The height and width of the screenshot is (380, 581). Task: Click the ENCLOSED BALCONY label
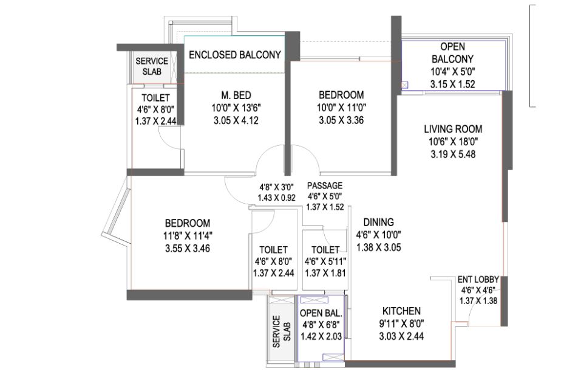pos(235,55)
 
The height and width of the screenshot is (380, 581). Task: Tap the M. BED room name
pos(236,95)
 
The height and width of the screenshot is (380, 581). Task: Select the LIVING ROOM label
pos(453,129)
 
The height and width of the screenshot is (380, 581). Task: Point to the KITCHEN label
pos(401,311)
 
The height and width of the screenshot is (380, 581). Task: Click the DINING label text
pos(378,223)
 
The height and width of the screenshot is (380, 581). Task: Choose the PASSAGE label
pos(325,185)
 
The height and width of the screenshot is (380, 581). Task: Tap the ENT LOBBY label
pos(478,280)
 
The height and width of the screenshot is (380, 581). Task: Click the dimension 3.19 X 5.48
pos(453,154)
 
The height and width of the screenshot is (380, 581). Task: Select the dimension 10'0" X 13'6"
pos(236,108)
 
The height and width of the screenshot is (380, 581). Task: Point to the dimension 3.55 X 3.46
pos(188,248)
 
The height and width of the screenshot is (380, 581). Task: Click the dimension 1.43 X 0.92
pos(276,198)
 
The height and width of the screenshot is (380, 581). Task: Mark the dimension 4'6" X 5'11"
pos(325,261)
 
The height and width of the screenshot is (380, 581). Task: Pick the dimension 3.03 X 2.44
pos(401,336)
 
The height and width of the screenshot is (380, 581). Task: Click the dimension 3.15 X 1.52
pos(452,85)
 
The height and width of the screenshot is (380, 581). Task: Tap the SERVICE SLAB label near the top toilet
pos(152,66)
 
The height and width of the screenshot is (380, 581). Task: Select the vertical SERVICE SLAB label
pos(282,331)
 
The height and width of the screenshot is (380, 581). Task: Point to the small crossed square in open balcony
pos(404,85)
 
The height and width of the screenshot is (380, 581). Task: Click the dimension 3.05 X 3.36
pos(341,120)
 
